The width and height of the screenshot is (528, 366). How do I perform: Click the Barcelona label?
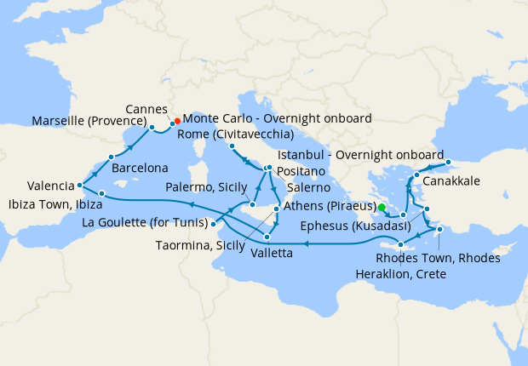[141, 169]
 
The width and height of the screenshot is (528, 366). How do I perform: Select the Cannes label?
[146, 110]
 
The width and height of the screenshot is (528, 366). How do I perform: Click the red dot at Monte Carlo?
[177, 121]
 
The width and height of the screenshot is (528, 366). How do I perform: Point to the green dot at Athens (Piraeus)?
[382, 207]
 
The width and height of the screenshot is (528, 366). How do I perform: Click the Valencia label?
[49, 185]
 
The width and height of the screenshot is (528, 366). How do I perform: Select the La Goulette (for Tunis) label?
[146, 224]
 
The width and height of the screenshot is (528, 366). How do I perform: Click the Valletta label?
[273, 253]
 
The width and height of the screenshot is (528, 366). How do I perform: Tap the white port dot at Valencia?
[79, 185]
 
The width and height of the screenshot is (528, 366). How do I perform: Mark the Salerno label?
[305, 186]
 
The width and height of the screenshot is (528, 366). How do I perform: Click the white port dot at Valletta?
[267, 237]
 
